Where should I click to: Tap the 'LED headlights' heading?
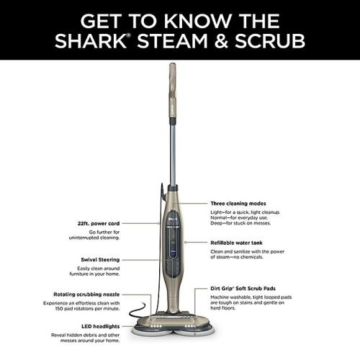click(102, 326)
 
